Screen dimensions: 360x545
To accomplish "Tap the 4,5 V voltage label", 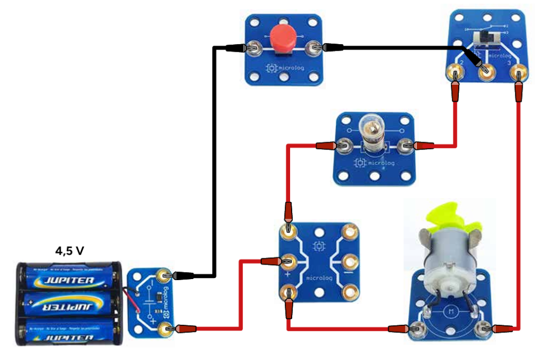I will click(70, 250).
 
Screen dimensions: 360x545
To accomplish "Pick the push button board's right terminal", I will click(315, 48).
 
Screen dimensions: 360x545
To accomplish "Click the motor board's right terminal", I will click(483, 329).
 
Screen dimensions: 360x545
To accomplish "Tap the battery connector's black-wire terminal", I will click(166, 275).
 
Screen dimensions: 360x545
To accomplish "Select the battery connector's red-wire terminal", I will click(166, 329).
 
